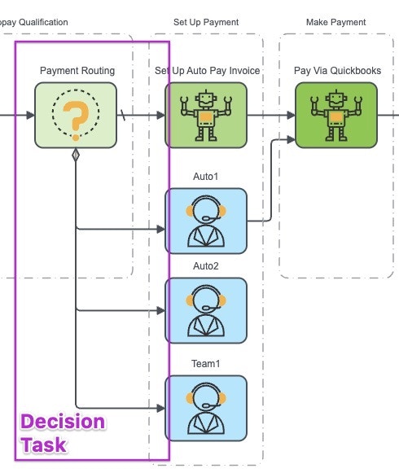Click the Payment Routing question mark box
point(76,115)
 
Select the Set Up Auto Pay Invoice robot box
point(206,115)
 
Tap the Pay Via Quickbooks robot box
point(336,115)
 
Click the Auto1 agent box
point(206,221)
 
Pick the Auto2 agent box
point(206,310)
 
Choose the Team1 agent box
point(206,408)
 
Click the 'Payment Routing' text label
point(77,71)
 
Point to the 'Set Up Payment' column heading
point(206,21)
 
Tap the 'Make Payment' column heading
point(336,21)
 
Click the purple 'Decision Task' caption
point(63,433)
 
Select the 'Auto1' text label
point(206,176)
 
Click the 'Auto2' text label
point(206,266)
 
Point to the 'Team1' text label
point(206,363)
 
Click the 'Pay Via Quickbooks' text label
point(337,71)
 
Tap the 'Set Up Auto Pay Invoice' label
point(208,71)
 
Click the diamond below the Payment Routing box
point(76,155)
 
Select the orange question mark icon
point(76,116)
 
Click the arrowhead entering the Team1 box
point(161,406)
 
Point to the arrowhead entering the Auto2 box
point(161,309)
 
